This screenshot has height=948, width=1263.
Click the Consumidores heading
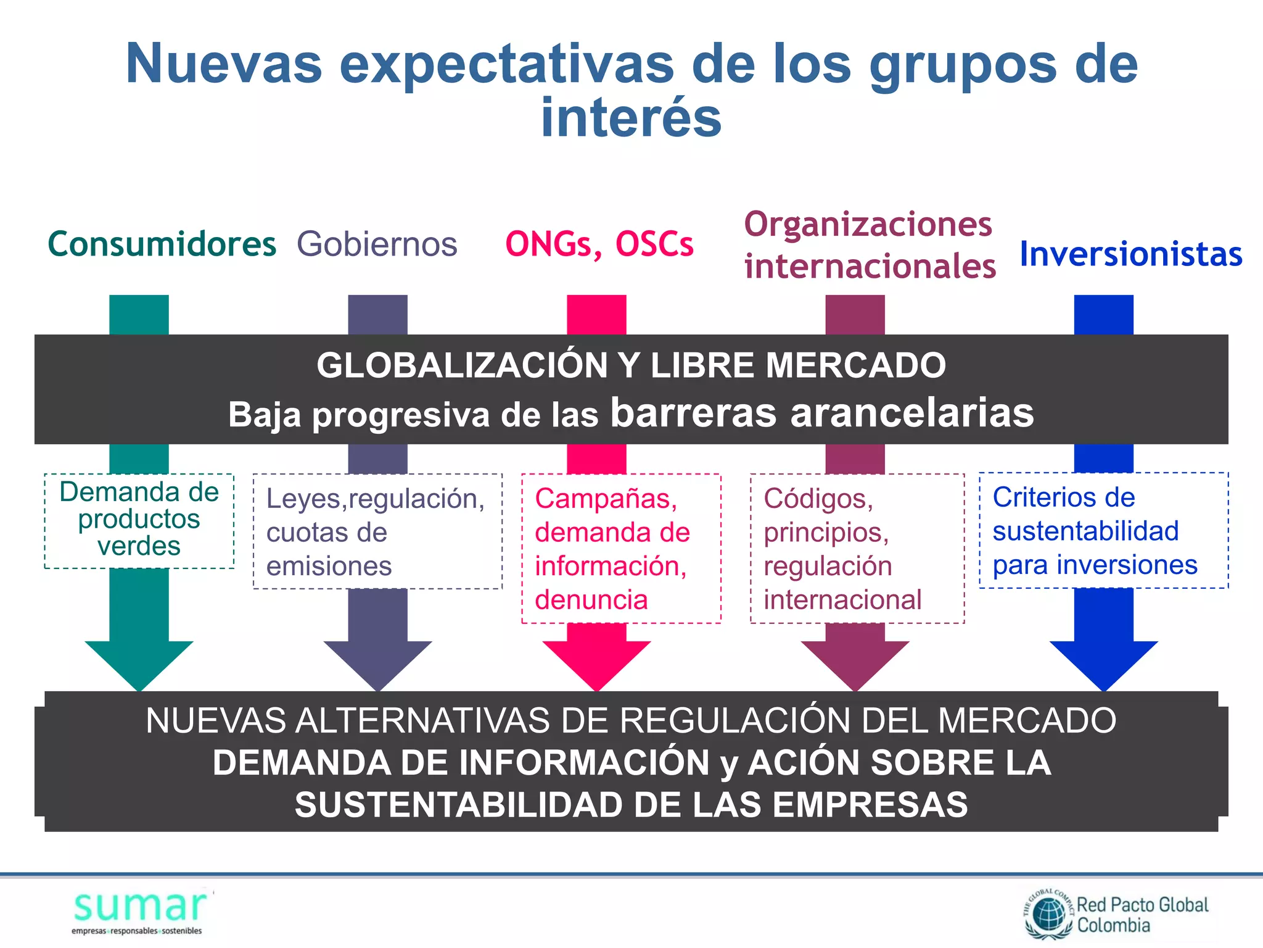tap(162, 244)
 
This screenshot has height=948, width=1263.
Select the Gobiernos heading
tap(377, 244)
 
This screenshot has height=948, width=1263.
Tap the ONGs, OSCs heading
tap(599, 244)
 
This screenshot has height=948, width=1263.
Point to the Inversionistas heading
tap(1130, 254)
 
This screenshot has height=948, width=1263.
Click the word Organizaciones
tap(868, 224)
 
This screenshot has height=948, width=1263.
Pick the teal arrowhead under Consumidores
tap(139, 663)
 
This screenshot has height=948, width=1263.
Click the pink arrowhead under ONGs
tap(596, 663)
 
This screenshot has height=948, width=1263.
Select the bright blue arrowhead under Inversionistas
tap(1104, 663)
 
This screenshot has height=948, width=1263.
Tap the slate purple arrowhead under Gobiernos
tap(377, 663)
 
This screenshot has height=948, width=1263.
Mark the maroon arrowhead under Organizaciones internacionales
tap(855, 663)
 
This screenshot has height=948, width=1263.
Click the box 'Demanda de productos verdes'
tap(139, 520)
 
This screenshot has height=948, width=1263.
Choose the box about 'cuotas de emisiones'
tap(377, 531)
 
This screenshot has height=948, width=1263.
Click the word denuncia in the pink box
tap(591, 600)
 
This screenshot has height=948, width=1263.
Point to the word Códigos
tap(818, 499)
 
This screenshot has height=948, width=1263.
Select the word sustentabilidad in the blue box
tap(1085, 531)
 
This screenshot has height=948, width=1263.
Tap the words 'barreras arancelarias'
tap(821, 412)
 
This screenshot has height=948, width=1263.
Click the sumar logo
tap(141, 910)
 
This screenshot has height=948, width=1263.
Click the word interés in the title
tap(631, 118)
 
